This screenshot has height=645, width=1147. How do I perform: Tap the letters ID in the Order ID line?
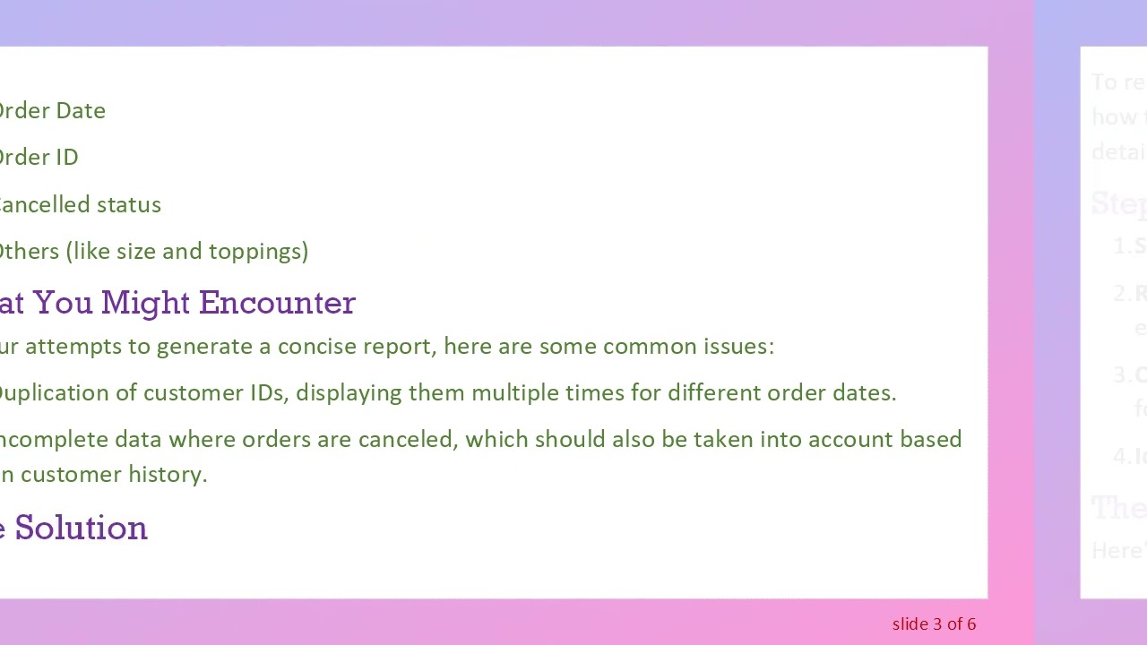pos(65,158)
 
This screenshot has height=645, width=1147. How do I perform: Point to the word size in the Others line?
pos(136,252)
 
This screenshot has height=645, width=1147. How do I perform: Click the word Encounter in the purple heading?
pos(277,303)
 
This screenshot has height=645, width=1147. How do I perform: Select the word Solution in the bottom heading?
pos(81,528)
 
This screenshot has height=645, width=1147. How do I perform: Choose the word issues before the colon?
pos(739,347)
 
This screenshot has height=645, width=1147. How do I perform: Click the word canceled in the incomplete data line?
pos(405,440)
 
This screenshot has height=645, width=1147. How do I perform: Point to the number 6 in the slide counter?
pos(971,624)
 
